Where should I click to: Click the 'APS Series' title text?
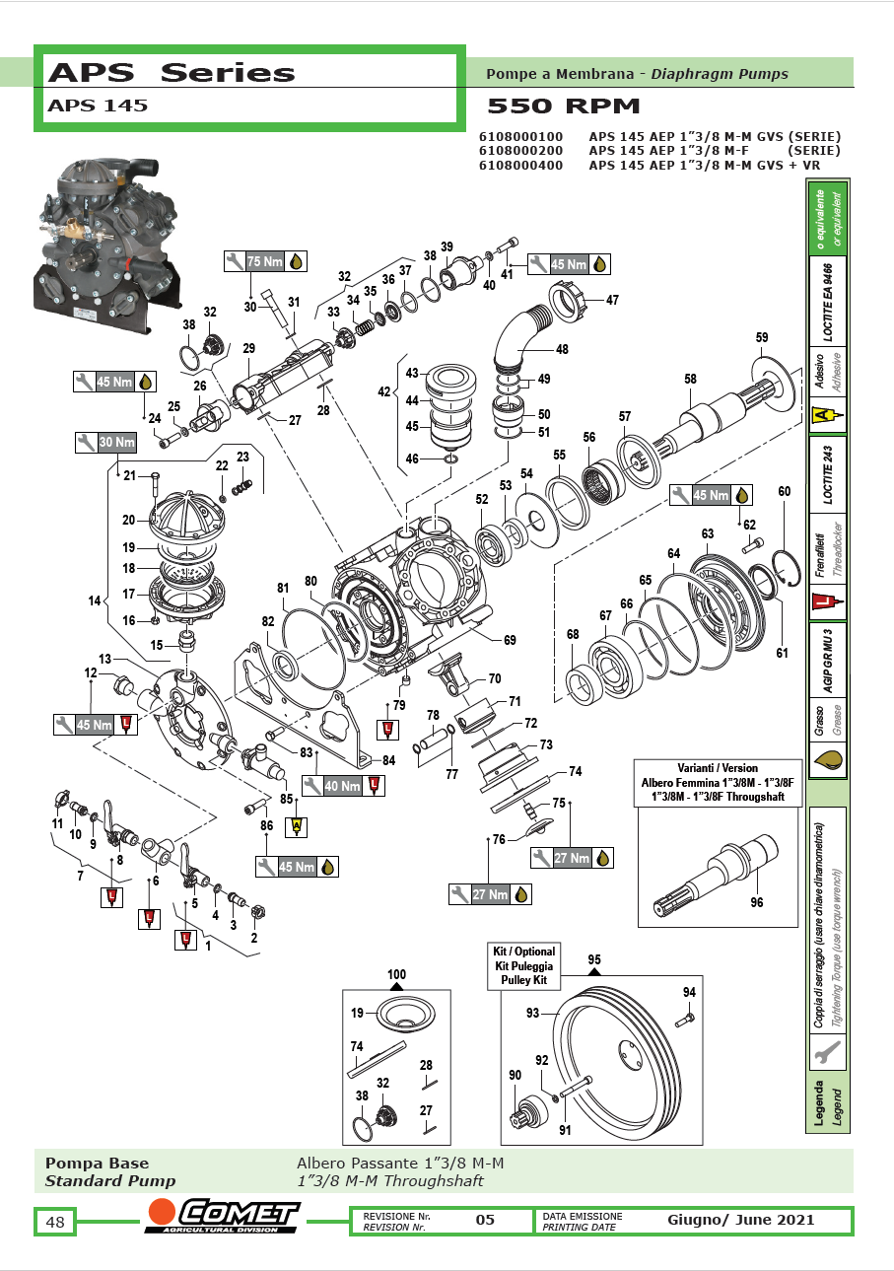click(172, 73)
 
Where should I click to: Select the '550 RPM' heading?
click(564, 106)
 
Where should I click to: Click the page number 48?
click(55, 1223)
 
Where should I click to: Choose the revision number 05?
click(485, 1220)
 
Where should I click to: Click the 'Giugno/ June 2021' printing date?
click(740, 1220)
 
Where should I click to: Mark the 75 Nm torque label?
click(265, 261)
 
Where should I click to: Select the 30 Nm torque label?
click(116, 443)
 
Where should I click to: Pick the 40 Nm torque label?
click(342, 786)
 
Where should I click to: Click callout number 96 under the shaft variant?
click(756, 901)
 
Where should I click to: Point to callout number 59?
click(761, 338)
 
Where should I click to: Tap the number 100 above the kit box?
click(396, 974)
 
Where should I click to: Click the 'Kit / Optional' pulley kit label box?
click(523, 966)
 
